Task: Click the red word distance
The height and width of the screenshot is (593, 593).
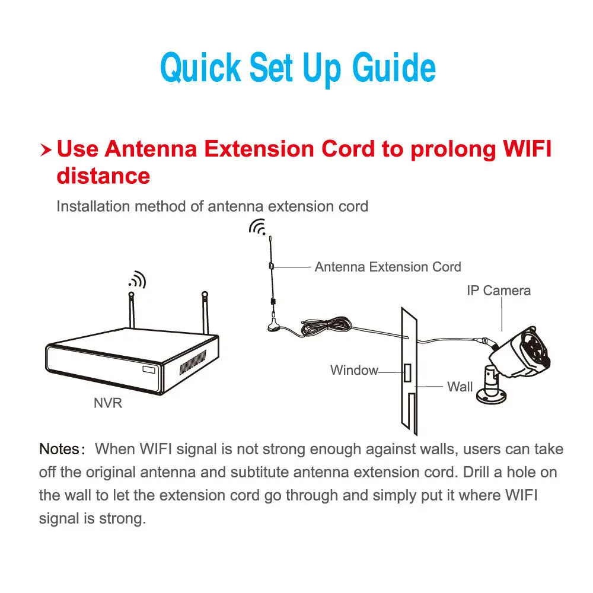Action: [x=103, y=176]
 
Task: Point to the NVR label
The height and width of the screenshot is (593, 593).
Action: [x=108, y=403]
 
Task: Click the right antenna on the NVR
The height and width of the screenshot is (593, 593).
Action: [x=205, y=311]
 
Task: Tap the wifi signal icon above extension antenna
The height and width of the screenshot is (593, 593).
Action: [x=257, y=227]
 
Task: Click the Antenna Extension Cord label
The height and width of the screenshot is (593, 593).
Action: [x=388, y=267]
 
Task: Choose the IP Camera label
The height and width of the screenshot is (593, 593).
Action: [x=498, y=291]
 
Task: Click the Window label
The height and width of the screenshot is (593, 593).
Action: [x=354, y=371]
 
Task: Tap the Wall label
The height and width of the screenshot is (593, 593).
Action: [x=460, y=387]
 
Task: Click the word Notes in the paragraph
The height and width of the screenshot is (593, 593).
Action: [x=59, y=448]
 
